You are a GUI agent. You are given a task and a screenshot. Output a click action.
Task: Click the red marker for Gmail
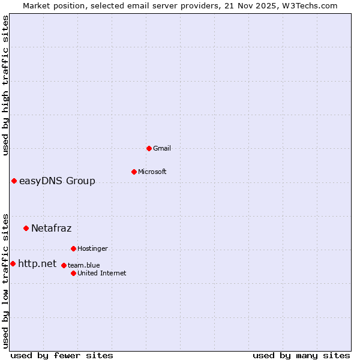pyautogui.click(x=149, y=148)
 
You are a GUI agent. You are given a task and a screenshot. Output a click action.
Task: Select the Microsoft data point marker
pyautogui.click(x=134, y=172)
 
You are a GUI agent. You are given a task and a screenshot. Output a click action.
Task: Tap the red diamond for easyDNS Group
pyautogui.click(x=14, y=181)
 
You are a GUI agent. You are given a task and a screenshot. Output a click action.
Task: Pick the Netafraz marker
pyautogui.click(x=26, y=228)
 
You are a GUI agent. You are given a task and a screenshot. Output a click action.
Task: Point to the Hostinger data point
pyautogui.click(x=73, y=248)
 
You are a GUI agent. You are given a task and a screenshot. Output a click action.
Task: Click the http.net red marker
pyautogui.click(x=13, y=263)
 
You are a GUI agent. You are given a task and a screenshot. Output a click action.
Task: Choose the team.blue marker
pyautogui.click(x=64, y=265)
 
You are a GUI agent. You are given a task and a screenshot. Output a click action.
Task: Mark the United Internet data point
pyautogui.click(x=73, y=273)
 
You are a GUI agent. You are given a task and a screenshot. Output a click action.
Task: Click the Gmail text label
pyautogui.click(x=162, y=148)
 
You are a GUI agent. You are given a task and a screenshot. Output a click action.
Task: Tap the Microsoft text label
pyautogui.click(x=152, y=172)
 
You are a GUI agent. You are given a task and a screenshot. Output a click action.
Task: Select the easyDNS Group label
pyautogui.click(x=57, y=181)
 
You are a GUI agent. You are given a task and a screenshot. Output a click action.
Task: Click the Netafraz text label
pyautogui.click(x=51, y=229)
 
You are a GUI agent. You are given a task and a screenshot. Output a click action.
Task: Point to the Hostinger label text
pyautogui.click(x=92, y=248)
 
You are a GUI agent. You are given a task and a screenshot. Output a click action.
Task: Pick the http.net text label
pyautogui.click(x=37, y=264)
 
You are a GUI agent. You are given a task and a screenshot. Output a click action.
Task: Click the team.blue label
pyautogui.click(x=84, y=265)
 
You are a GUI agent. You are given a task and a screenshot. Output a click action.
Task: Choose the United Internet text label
pyautogui.click(x=102, y=273)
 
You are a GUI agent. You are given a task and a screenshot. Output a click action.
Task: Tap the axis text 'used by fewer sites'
pyautogui.click(x=62, y=355)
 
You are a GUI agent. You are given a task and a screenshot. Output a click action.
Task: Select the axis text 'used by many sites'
pyautogui.click(x=301, y=355)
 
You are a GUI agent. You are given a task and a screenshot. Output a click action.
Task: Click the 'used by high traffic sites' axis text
pyautogui.click(x=6, y=85)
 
